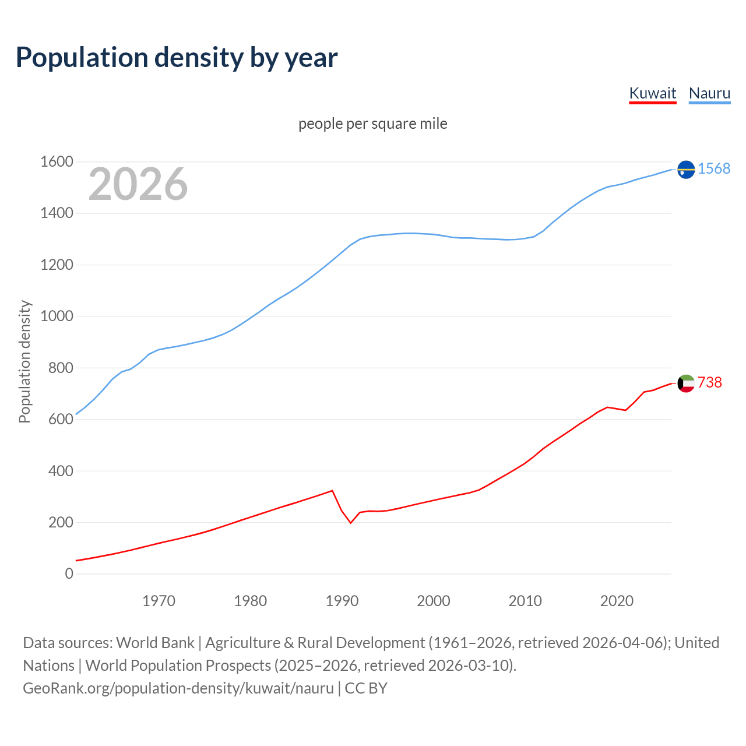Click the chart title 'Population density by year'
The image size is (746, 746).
[177, 57]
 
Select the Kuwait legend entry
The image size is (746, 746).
[652, 93]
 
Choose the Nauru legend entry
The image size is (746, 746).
[709, 93]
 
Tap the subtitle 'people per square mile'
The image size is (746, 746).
[372, 124]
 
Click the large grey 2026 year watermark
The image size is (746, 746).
[138, 184]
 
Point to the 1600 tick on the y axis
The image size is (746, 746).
[57, 161]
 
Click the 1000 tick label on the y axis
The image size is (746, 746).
[57, 316]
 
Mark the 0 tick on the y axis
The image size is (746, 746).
[69, 573]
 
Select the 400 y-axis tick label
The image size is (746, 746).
[61, 470]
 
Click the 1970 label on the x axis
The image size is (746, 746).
[159, 601]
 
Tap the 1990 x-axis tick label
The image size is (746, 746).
[342, 601]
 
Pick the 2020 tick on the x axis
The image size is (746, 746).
[617, 601]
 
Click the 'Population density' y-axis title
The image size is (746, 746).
[24, 361]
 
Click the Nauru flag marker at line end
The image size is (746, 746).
[686, 169]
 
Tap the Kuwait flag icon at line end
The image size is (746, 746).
[686, 383]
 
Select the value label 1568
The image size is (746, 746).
[714, 168]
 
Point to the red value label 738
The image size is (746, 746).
[709, 382]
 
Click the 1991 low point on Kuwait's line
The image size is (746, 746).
[351, 523]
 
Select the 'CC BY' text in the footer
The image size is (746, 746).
[366, 688]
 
